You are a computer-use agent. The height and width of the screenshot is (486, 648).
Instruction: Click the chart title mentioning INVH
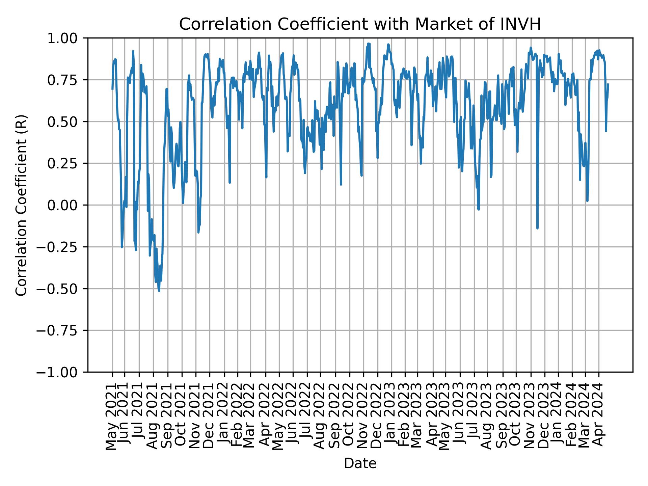(x=360, y=24)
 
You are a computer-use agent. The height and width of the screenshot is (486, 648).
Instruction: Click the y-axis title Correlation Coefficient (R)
(x=21, y=205)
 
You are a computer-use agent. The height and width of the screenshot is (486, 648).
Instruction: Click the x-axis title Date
(x=360, y=463)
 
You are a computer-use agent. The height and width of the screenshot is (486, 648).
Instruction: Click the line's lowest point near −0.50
(x=159, y=291)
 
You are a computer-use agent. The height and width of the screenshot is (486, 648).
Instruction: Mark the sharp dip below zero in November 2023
(x=537, y=228)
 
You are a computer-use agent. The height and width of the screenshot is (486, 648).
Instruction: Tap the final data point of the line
(x=608, y=84)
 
